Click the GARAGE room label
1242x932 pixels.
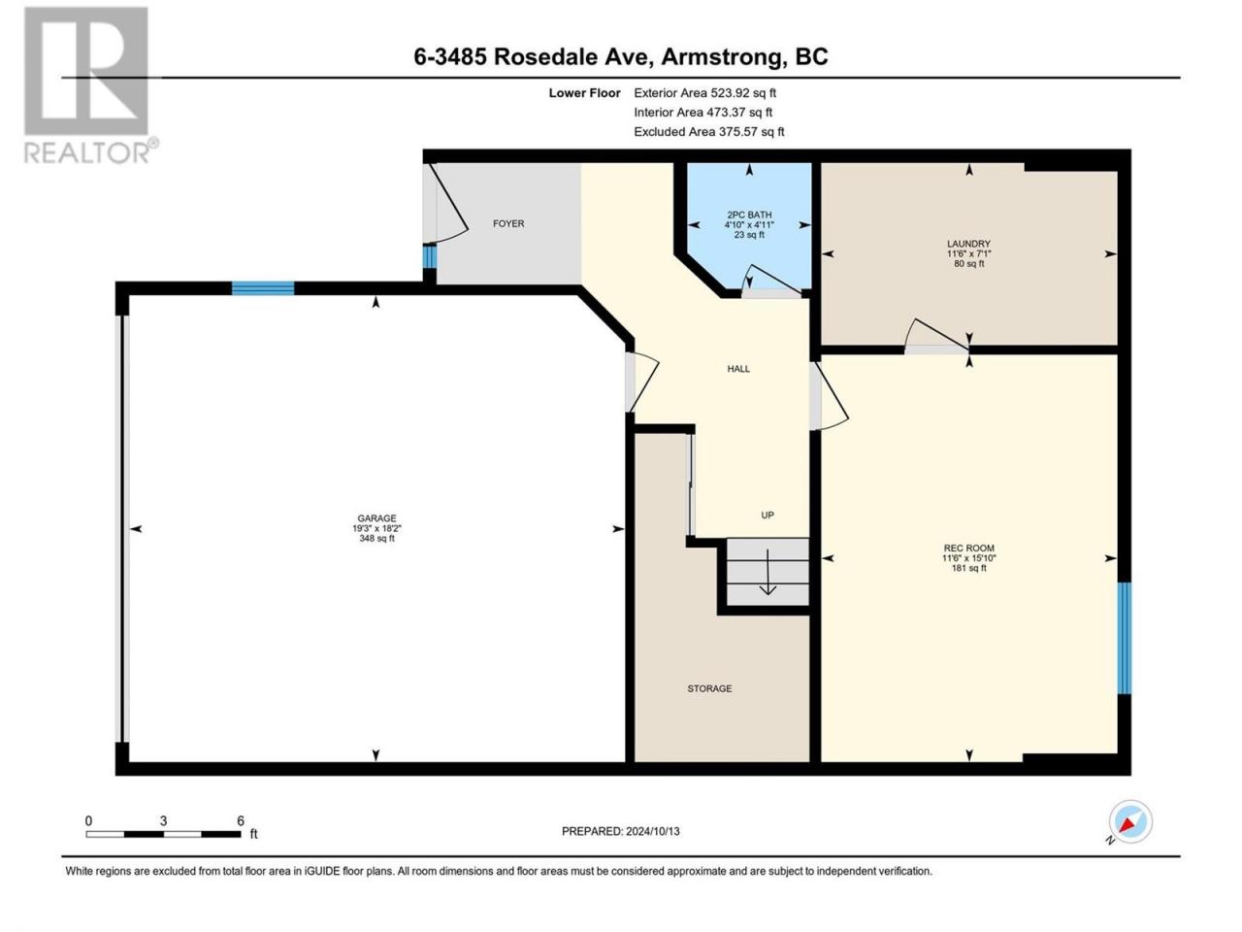click(376, 517)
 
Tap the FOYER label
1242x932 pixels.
click(508, 223)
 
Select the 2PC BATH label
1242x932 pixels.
click(749, 215)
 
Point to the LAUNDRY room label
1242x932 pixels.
click(968, 244)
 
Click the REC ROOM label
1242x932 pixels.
click(968, 548)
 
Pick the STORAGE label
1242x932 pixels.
click(709, 688)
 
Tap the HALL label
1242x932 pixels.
click(738, 369)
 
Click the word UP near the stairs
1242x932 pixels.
click(768, 515)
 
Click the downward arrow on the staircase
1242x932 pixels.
click(768, 572)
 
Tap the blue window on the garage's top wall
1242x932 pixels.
click(263, 288)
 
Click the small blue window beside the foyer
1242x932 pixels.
click(430, 256)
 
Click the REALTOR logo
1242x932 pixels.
click(90, 86)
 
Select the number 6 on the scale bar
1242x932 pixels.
click(241, 820)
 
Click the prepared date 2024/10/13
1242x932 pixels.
click(652, 831)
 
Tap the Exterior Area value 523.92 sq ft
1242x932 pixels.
click(743, 93)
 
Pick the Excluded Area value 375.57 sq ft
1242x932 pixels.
click(751, 132)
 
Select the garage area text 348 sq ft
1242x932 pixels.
click(376, 538)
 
